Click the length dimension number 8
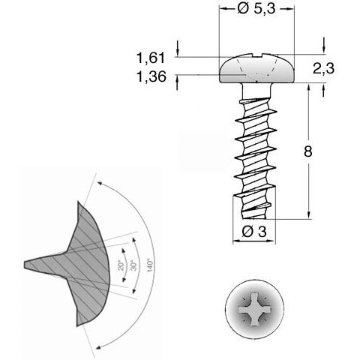point(308,151)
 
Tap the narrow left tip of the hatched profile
point(28,263)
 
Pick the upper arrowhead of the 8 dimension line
point(308,85)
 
